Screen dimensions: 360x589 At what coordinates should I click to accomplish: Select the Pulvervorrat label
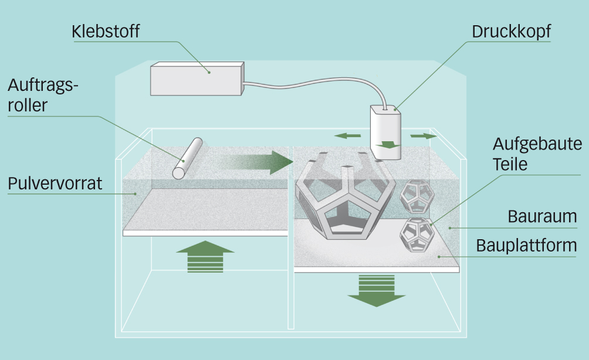tap(55, 184)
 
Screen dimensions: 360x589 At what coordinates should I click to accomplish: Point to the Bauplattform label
tap(526, 245)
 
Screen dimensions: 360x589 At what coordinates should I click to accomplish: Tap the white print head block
tap(385, 132)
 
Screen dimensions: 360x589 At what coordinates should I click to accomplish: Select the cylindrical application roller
tap(187, 158)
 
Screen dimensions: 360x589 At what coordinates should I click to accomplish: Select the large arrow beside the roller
tap(258, 161)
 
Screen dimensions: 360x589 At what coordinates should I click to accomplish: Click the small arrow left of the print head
tap(347, 136)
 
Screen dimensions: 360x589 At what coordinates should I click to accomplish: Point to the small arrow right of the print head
tap(423, 136)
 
